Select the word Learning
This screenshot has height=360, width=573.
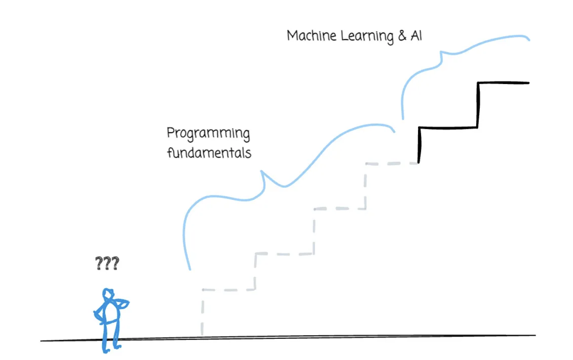pyautogui.click(x=367, y=37)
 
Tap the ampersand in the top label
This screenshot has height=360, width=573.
pyautogui.click(x=401, y=36)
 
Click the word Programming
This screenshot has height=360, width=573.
pyautogui.click(x=208, y=133)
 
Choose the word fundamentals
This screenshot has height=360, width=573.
pyautogui.click(x=209, y=153)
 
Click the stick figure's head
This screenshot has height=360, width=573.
pyautogui.click(x=108, y=294)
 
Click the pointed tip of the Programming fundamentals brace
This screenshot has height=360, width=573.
pyautogui.click(x=263, y=172)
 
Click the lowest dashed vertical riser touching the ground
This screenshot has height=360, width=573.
pyautogui.click(x=202, y=312)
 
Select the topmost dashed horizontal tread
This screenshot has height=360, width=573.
pyautogui.click(x=392, y=164)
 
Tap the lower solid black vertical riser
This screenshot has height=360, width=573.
pyautogui.click(x=420, y=145)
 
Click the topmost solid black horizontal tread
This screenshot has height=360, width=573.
pyautogui.click(x=503, y=83)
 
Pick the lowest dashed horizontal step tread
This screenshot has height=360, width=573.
pyautogui.click(x=229, y=290)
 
